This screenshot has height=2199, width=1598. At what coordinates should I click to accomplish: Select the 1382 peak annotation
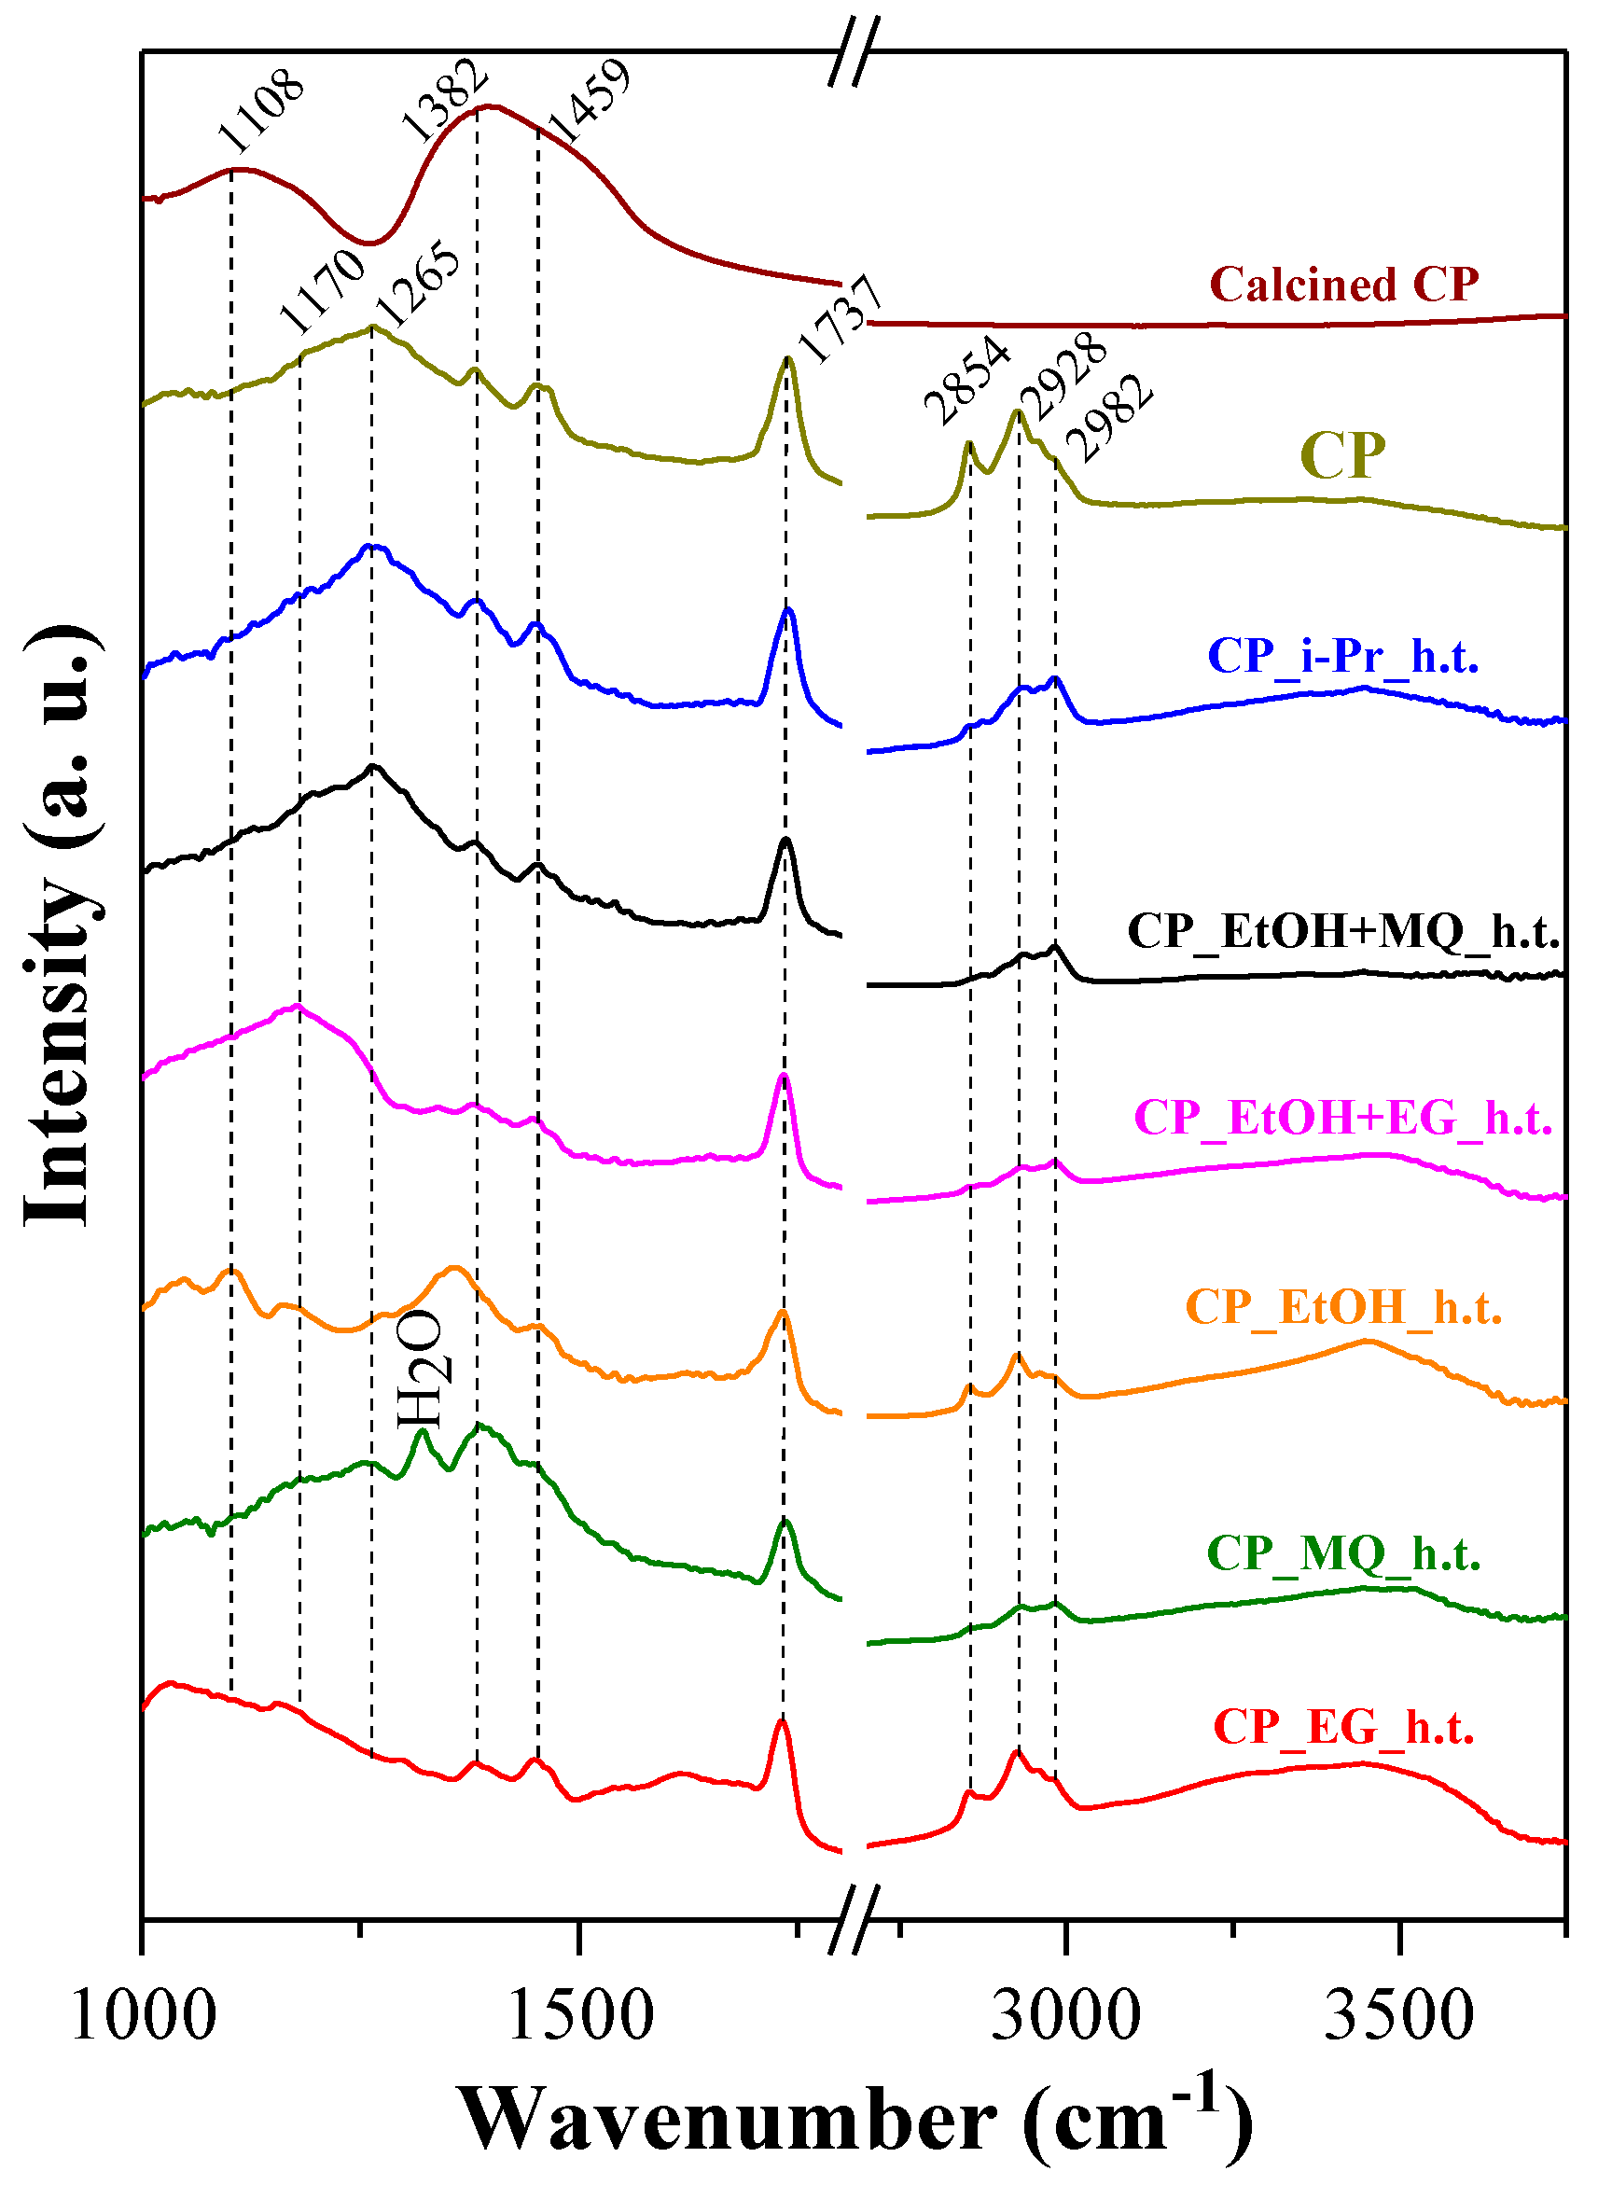click(x=444, y=100)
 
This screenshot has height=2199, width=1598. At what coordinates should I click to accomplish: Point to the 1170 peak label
click(x=321, y=290)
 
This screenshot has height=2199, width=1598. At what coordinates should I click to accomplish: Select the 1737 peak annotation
click(x=840, y=319)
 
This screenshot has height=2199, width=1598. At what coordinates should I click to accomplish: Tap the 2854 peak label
click(x=966, y=379)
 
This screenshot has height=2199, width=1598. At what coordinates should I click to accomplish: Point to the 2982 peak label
click(x=1110, y=418)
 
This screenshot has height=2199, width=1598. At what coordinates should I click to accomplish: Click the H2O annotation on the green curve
click(x=421, y=1369)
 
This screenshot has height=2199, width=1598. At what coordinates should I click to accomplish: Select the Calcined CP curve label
click(x=1344, y=285)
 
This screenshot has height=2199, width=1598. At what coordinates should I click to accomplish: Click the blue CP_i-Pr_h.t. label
click(x=1343, y=657)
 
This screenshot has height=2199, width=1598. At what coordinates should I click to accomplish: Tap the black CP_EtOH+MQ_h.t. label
click(x=1343, y=931)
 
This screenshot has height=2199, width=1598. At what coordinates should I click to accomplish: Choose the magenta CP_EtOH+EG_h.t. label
click(x=1343, y=1118)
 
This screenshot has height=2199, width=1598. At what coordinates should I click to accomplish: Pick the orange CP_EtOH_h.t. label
click(x=1343, y=1307)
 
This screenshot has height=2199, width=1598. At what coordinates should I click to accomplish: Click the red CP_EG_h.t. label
click(x=1343, y=1727)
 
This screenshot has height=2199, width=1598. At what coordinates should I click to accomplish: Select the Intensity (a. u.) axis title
click(x=60, y=926)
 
